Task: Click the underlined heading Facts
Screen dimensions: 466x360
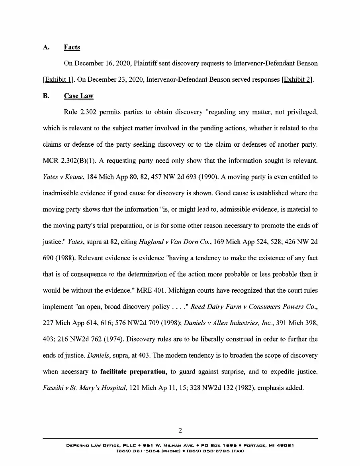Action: (x=72, y=47)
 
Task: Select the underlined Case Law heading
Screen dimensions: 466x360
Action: (x=78, y=96)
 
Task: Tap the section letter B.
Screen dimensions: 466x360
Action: (x=46, y=96)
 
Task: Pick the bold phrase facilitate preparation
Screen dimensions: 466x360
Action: (x=133, y=372)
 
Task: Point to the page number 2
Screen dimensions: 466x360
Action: (x=180, y=431)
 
